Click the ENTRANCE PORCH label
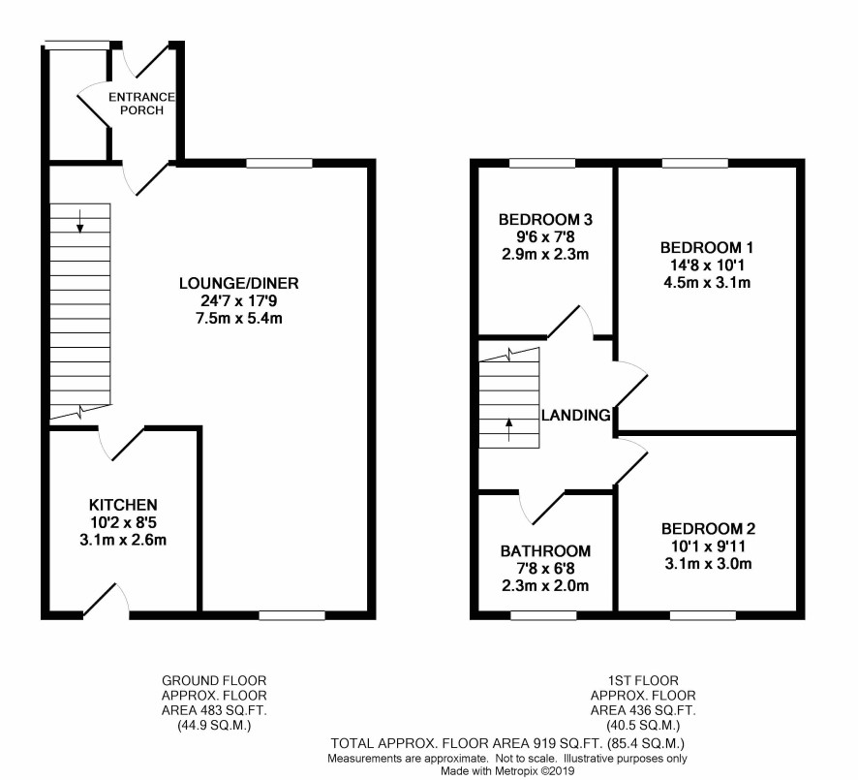click(141, 104)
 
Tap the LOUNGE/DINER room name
click(239, 283)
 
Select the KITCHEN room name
click(123, 505)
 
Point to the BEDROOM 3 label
click(545, 220)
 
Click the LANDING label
click(575, 416)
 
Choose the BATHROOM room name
click(545, 550)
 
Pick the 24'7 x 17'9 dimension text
click(239, 300)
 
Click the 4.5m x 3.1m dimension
click(707, 283)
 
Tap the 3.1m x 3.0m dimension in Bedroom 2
click(708, 564)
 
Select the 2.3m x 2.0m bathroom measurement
click(545, 585)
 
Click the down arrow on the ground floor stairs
click(80, 221)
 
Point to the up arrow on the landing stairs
click(509, 429)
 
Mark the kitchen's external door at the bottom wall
click(107, 601)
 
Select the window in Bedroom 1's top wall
click(695, 163)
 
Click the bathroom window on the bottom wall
click(543, 616)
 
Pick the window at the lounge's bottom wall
click(291, 616)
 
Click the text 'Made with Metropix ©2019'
click(508, 770)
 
